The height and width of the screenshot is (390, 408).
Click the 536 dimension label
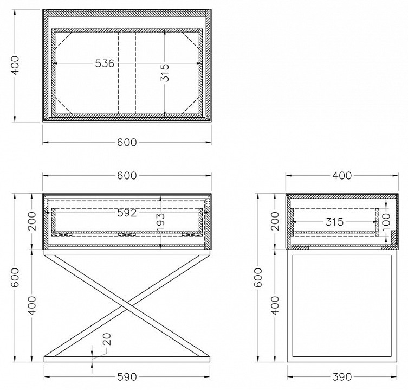(105, 63)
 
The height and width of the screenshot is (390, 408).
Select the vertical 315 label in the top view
(165, 73)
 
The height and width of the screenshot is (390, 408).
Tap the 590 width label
(127, 377)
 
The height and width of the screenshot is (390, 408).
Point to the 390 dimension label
(342, 377)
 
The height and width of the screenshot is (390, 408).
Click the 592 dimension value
(127, 213)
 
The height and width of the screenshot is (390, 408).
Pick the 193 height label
(160, 222)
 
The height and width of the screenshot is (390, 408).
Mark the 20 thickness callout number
(107, 339)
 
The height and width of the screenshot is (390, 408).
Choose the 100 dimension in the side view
(386, 222)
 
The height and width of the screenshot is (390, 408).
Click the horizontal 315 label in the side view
(335, 222)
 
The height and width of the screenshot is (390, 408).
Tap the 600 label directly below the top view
(127, 143)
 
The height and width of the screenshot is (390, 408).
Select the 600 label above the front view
(127, 176)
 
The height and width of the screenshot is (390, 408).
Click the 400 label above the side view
(342, 176)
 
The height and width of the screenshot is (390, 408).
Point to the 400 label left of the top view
(15, 65)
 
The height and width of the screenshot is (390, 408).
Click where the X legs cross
(127, 305)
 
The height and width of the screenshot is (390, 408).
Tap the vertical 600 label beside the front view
(15, 278)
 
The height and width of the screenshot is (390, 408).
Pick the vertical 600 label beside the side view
(258, 278)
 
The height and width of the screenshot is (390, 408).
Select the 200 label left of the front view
(32, 221)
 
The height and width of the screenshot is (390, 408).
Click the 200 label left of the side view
(275, 221)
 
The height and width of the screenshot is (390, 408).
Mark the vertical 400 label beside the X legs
(32, 305)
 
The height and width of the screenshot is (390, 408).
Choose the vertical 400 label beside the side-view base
(275, 305)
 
